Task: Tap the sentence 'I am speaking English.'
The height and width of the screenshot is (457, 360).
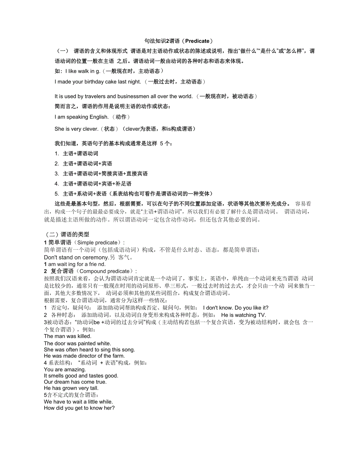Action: click(x=81, y=117)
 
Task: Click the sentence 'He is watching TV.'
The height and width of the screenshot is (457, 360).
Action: click(x=243, y=315)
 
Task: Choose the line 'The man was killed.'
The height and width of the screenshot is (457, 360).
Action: click(x=68, y=336)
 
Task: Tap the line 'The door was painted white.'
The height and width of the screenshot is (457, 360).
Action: click(x=77, y=343)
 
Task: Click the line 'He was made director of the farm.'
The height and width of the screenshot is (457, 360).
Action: click(x=84, y=356)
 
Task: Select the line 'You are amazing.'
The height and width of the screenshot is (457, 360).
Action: click(x=65, y=369)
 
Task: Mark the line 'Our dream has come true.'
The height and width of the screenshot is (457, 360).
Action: click(x=75, y=382)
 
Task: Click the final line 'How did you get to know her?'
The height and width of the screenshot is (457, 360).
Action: click(x=79, y=408)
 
